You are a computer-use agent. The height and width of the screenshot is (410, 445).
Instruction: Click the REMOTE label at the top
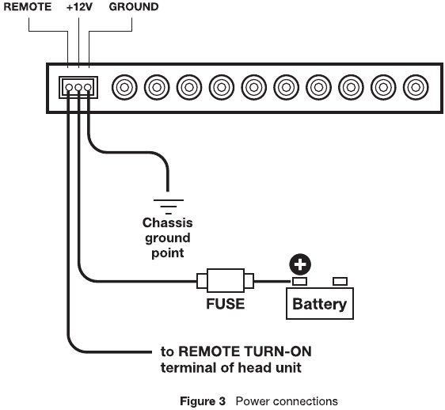pos(28,7)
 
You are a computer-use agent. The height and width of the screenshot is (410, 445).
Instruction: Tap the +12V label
pos(79,7)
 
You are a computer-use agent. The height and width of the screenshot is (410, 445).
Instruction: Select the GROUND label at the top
pos(134,7)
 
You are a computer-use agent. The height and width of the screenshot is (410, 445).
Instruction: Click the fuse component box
pos(226,280)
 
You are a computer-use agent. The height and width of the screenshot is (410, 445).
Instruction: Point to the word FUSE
pos(226,304)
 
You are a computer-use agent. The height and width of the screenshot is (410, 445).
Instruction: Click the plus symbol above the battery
pos(300,264)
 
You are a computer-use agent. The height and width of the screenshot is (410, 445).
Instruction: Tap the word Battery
pos(320,304)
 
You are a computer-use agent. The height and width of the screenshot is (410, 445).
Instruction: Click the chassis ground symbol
pos(169,207)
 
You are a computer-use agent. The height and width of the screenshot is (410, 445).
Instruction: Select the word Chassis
pos(167,222)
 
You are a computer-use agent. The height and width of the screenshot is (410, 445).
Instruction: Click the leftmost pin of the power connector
pos(69,87)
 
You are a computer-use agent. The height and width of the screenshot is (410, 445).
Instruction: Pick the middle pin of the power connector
pos(78,87)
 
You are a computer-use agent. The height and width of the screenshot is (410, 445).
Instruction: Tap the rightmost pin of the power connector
pos(88,87)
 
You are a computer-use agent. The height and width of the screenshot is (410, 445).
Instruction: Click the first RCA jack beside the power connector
pos(124,87)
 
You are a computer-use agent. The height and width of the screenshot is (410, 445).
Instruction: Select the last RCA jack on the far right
pos(416,87)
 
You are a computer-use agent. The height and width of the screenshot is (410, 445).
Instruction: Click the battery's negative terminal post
pos(340,282)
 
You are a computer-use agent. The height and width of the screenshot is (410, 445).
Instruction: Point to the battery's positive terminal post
pos(299,282)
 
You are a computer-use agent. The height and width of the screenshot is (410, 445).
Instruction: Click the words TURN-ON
pos(278,351)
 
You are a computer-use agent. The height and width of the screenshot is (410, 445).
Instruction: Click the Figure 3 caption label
pos(203,401)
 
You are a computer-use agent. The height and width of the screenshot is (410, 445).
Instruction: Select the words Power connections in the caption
pos(287,401)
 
